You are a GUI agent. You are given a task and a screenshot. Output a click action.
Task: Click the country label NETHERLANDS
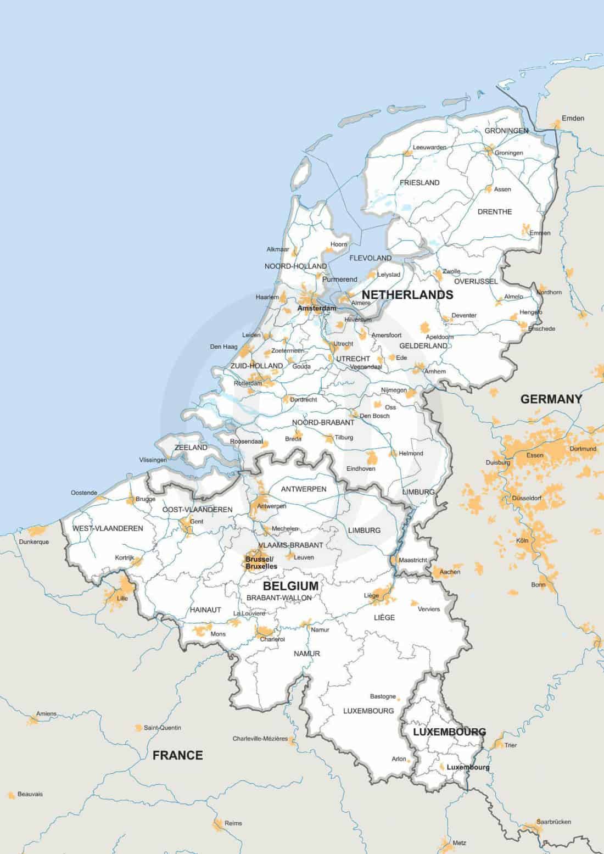coord(407,295)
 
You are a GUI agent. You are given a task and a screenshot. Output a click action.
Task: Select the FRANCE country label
coord(177,755)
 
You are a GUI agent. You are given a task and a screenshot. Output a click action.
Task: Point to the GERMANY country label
coord(551,399)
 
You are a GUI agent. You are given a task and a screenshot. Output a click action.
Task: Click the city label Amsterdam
coord(316,309)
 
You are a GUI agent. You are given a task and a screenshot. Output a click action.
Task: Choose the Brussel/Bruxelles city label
coord(261,562)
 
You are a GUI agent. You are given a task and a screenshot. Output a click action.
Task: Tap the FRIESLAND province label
coord(420,182)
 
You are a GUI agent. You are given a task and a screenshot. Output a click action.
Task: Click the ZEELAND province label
coord(191,448)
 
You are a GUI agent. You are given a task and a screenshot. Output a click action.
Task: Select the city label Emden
coord(573,118)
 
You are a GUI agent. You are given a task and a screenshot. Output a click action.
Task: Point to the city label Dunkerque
coord(34,542)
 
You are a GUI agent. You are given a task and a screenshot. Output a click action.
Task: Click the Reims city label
coord(233,823)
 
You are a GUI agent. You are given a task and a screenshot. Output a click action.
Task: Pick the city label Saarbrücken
coord(553,822)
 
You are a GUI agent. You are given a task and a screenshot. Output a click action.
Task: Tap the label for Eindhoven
coord(361,468)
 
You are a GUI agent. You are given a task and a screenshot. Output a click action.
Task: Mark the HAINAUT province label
coord(205,610)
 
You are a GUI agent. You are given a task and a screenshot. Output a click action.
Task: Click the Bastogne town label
coord(383,696)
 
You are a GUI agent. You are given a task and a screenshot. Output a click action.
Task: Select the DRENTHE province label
coord(494,211)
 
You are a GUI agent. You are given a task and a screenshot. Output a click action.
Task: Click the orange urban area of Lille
coord(114,597)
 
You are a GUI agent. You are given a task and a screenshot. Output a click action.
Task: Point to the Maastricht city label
coord(413,560)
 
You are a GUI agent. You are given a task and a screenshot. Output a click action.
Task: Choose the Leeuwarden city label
coord(429,147)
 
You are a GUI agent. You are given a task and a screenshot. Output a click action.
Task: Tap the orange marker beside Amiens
coord(33,720)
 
